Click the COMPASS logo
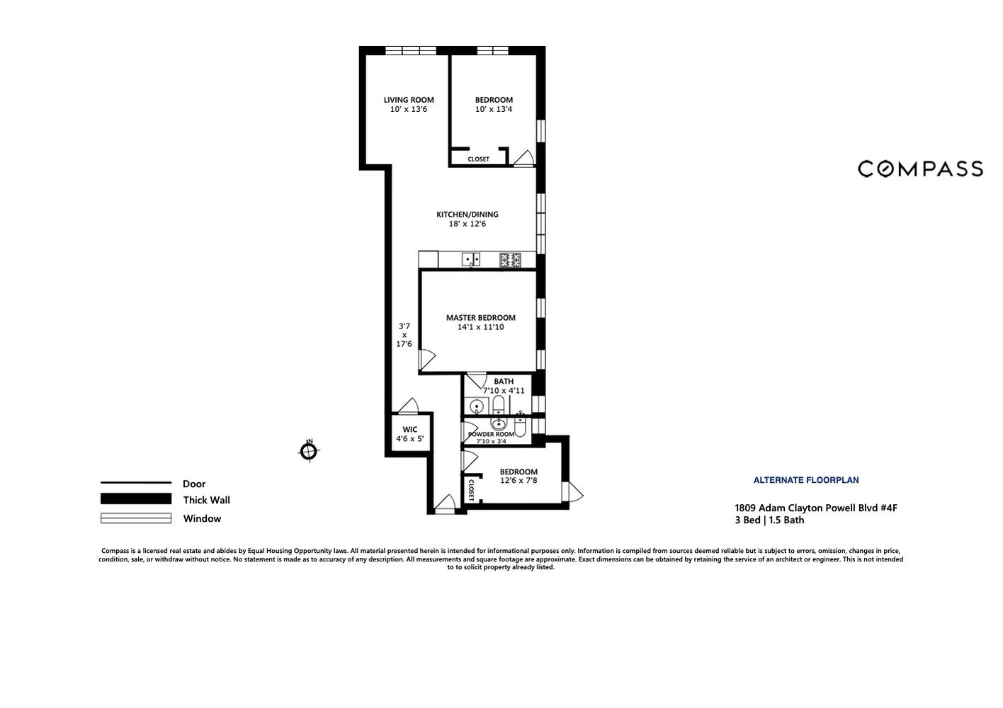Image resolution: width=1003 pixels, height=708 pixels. (x=919, y=169)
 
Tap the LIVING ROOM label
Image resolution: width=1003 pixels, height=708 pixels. (x=409, y=100)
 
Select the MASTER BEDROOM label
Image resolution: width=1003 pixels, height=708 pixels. (x=480, y=318)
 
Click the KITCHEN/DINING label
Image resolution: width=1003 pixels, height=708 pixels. (x=467, y=215)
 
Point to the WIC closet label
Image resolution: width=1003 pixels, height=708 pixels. (x=409, y=430)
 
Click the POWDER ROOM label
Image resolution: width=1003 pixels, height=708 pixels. (x=492, y=434)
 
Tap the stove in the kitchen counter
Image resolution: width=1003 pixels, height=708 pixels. (x=510, y=260)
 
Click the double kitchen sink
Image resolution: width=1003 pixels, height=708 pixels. (x=472, y=260)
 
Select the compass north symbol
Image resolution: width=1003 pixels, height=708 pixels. (x=309, y=450)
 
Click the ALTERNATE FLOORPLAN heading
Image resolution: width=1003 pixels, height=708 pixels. (x=805, y=480)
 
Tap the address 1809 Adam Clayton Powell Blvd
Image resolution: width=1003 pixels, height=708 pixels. (x=815, y=508)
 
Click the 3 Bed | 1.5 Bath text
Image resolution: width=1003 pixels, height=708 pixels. (x=769, y=520)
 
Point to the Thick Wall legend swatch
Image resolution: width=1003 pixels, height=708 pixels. (x=136, y=499)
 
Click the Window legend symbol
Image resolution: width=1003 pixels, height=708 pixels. (x=136, y=518)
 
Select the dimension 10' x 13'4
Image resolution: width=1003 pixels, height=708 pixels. (x=494, y=110)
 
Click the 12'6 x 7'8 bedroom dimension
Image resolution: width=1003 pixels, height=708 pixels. (x=518, y=481)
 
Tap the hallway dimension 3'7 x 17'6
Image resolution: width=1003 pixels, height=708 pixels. (x=404, y=335)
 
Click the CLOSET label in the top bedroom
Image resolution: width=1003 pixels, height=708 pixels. (x=478, y=159)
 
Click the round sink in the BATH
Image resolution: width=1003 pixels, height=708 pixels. (x=477, y=406)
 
